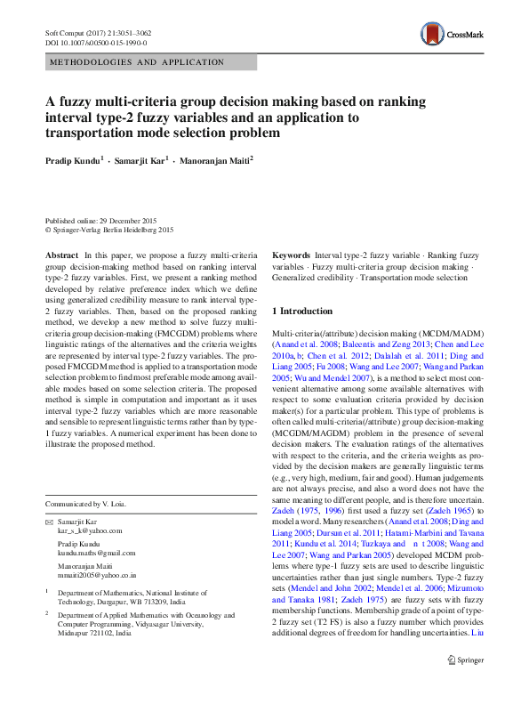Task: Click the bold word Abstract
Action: click(61, 255)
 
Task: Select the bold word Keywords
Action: click(291, 255)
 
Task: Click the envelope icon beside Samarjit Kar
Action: click(49, 521)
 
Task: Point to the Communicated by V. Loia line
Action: click(85, 504)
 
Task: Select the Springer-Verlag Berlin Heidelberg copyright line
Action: click(109, 229)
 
